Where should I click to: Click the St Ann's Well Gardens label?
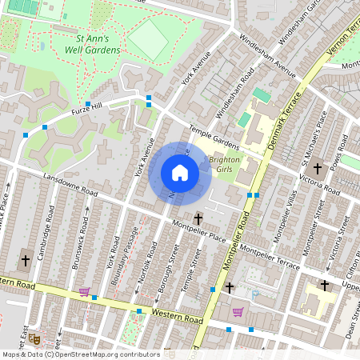[92, 44]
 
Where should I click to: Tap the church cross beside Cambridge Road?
[25, 260]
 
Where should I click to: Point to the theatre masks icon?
[34, 338]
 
